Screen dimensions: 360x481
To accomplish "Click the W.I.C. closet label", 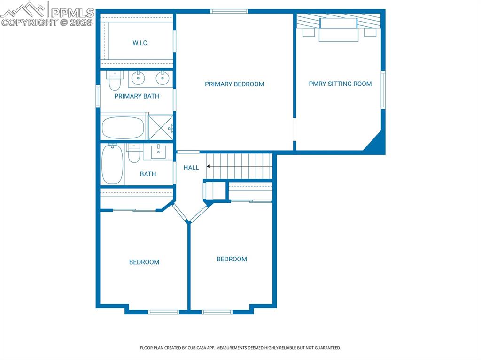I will click(x=140, y=43).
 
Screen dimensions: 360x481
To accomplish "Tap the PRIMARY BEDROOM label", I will click(x=234, y=84).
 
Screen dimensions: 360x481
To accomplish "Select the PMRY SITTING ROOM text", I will click(x=340, y=84).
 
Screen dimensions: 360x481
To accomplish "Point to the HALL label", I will click(x=191, y=168).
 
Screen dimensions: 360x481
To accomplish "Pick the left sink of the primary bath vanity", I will click(x=137, y=78).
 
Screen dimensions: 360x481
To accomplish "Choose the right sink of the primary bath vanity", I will click(x=162, y=78).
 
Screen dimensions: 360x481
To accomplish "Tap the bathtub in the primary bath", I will click(x=123, y=127).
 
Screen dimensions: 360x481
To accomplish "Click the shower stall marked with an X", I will click(x=161, y=127).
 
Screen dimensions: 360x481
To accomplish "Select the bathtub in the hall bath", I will click(x=112, y=164).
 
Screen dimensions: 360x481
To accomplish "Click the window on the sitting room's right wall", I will click(x=383, y=90).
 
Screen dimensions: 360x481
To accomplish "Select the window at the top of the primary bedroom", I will click(x=229, y=11).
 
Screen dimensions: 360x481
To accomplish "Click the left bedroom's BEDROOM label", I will click(x=144, y=262).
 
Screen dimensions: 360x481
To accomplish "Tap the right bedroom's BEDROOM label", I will click(x=232, y=259).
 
